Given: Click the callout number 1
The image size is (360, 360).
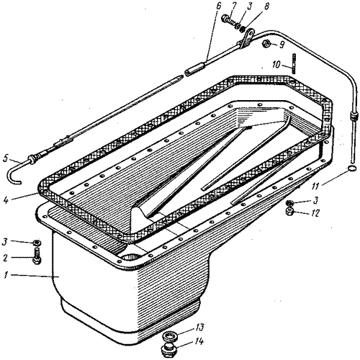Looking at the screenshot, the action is tap(5, 275).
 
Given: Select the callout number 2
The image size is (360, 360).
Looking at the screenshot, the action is tap(5, 258).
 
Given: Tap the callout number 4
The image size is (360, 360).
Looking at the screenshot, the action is tap(6, 199).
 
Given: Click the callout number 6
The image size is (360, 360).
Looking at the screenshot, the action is tap(218, 7).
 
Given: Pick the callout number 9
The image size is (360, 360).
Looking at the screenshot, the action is tap(282, 45).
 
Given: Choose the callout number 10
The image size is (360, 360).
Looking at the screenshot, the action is tap(276, 65).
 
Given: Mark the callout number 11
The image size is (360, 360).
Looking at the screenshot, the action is tap(316, 186).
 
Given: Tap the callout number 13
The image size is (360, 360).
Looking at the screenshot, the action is tap(199, 328).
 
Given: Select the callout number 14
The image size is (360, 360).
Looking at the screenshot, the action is tap(199, 341).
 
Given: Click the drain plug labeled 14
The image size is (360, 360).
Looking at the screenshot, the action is tap(168, 350).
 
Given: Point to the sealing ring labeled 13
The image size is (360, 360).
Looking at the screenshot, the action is tap(170, 336).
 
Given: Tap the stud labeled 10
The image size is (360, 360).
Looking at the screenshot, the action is tap(294, 63).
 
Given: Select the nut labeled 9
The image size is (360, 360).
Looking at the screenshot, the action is tap(266, 43).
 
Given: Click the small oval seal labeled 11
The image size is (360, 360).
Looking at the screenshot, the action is tap(351, 168).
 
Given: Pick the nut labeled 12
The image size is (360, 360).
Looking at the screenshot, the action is tap(289, 212).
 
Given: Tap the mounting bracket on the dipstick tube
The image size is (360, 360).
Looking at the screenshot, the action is tap(247, 38).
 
